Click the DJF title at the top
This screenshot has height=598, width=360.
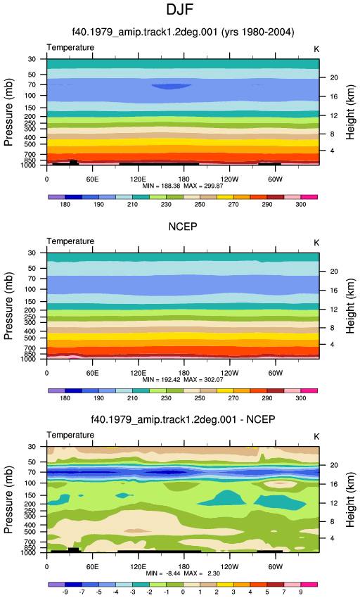(x=179, y=10)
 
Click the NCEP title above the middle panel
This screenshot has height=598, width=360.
(x=183, y=227)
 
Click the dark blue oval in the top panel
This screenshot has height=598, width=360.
(x=172, y=87)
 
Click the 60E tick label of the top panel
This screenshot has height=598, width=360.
(x=92, y=179)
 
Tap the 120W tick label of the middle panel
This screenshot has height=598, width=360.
(x=230, y=373)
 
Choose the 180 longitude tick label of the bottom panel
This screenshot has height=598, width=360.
(x=184, y=567)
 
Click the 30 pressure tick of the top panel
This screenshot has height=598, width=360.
(x=32, y=59)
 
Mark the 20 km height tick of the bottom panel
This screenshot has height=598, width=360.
(x=334, y=465)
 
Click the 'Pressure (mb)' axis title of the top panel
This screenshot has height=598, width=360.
(x=8, y=112)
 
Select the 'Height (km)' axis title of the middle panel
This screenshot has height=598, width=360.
(x=350, y=306)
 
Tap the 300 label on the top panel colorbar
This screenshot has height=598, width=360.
(x=300, y=205)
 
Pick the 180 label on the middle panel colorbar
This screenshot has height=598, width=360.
(x=65, y=398)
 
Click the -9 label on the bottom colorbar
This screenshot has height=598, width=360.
(x=65, y=592)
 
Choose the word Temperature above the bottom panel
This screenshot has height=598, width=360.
(x=70, y=435)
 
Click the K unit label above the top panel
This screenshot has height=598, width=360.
(x=316, y=49)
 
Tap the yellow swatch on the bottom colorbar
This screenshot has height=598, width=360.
(x=225, y=584)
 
